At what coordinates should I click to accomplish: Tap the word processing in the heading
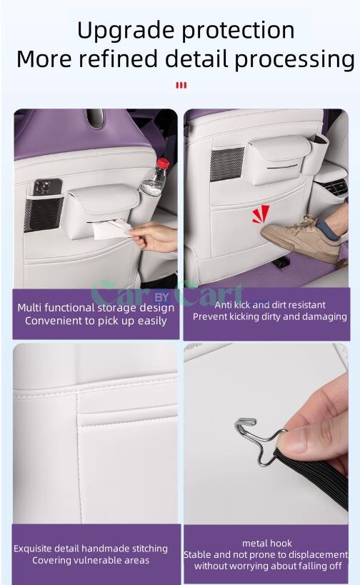point(295,60)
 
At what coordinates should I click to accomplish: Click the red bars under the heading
point(181,86)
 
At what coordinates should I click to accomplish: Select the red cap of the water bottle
point(162,163)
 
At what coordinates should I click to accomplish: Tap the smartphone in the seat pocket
point(47,187)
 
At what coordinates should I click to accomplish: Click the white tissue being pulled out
point(111,229)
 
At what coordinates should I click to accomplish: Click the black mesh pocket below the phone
point(44,214)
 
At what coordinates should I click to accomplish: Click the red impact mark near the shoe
point(261,214)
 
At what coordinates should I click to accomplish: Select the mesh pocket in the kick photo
point(226,164)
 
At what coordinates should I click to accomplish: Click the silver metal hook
point(258,440)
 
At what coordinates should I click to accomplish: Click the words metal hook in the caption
point(267,543)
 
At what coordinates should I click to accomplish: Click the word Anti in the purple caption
point(223,305)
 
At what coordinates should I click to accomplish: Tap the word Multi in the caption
point(29,308)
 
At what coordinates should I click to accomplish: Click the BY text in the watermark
point(161,298)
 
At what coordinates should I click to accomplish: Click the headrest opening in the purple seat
point(95,119)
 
